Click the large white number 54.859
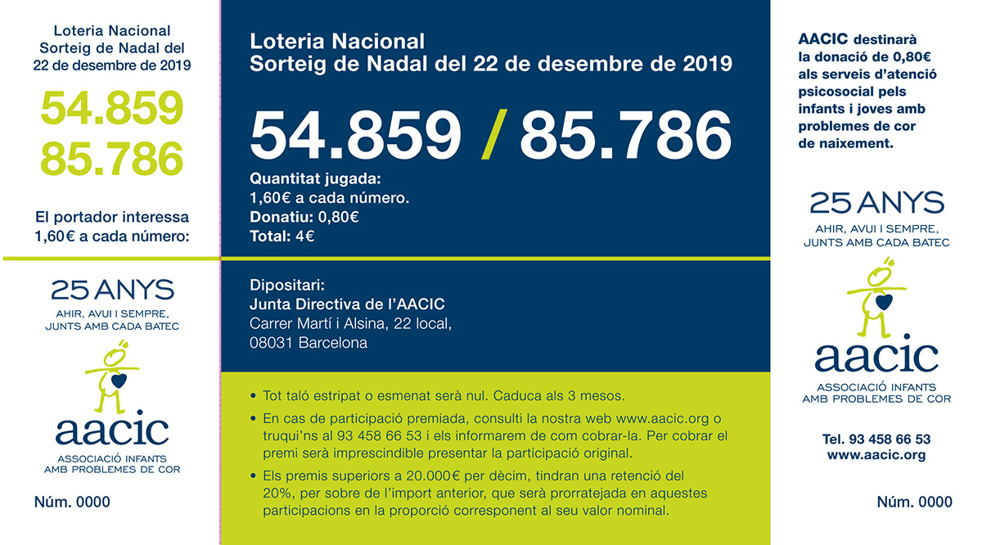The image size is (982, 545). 354,136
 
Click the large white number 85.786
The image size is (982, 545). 625,136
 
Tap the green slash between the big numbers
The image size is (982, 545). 491,136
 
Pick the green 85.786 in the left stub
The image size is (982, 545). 112,158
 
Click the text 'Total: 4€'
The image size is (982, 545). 282,236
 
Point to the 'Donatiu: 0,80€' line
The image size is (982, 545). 304,217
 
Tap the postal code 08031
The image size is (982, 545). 272,343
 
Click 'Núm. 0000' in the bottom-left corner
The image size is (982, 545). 72,502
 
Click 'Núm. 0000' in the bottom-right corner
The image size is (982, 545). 914,502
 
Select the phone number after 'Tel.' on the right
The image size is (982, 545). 890,439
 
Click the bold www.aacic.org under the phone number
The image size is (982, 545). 876,455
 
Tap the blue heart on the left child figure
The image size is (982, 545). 119,381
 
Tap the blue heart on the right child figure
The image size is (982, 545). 881,301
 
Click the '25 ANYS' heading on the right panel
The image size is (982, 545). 876,202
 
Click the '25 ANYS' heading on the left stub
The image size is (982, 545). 112,290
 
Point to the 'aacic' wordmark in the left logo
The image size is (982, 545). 112,430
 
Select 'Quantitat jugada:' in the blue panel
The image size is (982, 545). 315,178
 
